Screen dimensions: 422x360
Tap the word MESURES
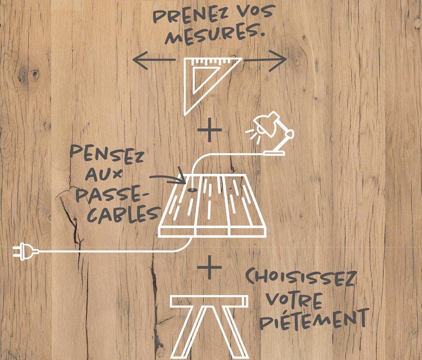215,35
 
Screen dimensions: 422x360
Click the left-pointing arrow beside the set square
154,60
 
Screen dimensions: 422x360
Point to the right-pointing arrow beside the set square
265,60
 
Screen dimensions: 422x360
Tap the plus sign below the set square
210,130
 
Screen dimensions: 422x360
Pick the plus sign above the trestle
210,267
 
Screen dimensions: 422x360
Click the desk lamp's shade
267,122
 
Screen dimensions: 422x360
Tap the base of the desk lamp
274,153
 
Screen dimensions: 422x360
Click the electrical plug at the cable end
26,251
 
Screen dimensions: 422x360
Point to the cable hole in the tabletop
192,190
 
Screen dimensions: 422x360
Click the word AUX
103,175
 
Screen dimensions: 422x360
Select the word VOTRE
294,300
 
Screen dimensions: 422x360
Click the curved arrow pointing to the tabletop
169,178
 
